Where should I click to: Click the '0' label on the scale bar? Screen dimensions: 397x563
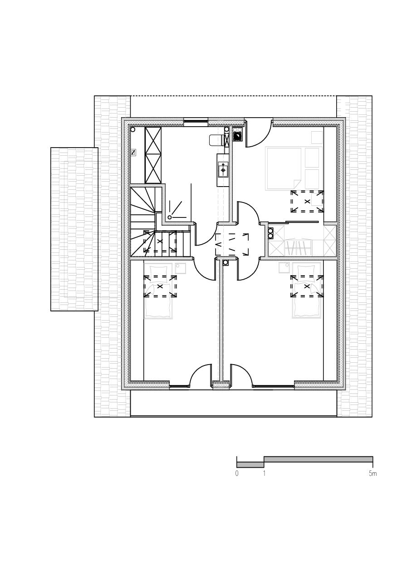click(x=236, y=474)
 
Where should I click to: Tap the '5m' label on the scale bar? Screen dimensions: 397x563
click(x=372, y=474)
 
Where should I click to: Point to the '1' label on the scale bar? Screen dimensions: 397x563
click(x=264, y=474)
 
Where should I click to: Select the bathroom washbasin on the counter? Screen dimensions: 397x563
click(x=223, y=169)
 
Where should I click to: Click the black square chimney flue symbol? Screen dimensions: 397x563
click(x=237, y=136)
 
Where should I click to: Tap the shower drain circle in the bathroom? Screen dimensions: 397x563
click(x=170, y=217)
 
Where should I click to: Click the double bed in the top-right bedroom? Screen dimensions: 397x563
click(x=284, y=168)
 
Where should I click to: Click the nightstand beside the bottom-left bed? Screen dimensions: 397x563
click(x=180, y=268)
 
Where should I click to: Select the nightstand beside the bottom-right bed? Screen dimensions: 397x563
click(x=284, y=268)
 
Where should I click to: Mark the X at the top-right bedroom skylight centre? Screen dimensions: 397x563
click(x=307, y=201)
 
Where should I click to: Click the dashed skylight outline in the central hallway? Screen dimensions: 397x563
click(x=232, y=244)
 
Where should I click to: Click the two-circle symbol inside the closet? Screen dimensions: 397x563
click(x=271, y=233)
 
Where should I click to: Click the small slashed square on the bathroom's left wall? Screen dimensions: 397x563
click(x=133, y=153)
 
